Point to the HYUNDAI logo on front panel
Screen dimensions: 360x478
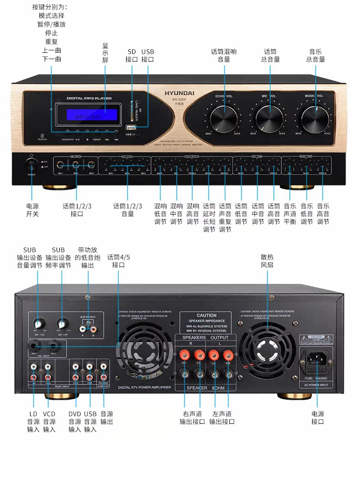[x=180, y=93]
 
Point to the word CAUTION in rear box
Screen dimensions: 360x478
[x=206, y=315]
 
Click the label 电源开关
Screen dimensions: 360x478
[x=32, y=210]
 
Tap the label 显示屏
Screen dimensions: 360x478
[x=105, y=53]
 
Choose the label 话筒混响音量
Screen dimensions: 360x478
[x=224, y=56]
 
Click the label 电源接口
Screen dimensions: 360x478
[x=318, y=418]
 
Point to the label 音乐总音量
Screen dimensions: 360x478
[x=315, y=56]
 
